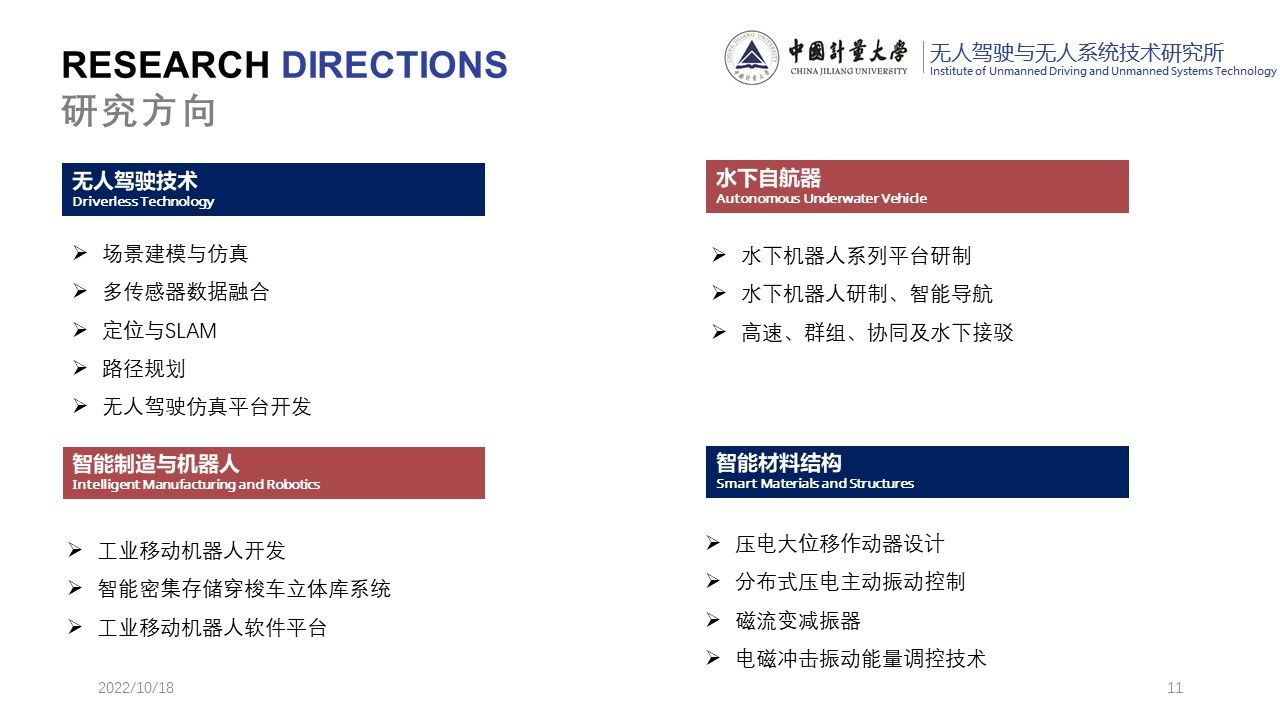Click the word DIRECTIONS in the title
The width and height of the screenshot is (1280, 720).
394,64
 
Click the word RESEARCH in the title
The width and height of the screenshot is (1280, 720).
165,64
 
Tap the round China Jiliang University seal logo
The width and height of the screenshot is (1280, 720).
751,57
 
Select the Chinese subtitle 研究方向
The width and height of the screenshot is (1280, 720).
138,110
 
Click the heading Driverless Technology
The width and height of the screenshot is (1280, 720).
143,201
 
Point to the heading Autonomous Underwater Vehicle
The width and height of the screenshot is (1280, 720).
821,198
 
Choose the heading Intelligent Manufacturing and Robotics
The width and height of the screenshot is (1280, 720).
195,484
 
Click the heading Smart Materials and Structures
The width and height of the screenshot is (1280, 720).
815,483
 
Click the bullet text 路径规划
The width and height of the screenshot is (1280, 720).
144,369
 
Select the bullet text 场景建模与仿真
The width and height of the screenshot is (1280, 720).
175,254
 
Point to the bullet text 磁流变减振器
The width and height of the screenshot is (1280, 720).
798,621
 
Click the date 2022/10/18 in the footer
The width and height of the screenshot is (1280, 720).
136,687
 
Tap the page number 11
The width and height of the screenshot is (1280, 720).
1175,687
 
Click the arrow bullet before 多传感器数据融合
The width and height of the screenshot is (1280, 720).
80,291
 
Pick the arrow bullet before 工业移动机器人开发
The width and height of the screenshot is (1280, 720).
75,550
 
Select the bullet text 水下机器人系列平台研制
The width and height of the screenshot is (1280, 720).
856,255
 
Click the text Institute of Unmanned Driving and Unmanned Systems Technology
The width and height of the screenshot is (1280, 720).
1103,71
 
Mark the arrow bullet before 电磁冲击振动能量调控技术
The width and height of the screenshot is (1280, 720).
713,658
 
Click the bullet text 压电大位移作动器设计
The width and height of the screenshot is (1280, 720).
839,543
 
